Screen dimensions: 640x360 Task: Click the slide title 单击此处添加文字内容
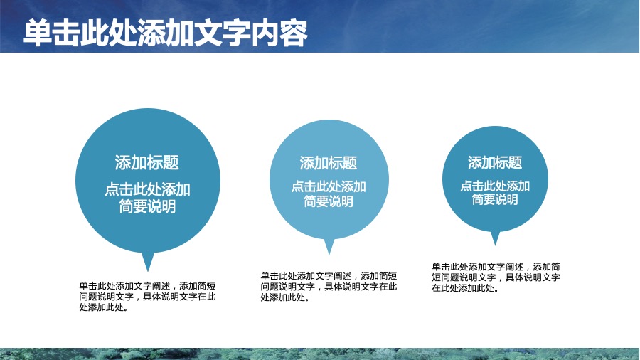pyautogui.click(x=165, y=33)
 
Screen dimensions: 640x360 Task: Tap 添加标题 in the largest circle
pyautogui.click(x=147, y=162)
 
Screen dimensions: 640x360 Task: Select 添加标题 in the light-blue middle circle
pyautogui.click(x=329, y=163)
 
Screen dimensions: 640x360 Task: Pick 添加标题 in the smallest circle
pyautogui.click(x=495, y=162)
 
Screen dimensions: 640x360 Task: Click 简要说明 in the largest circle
pyautogui.click(x=147, y=206)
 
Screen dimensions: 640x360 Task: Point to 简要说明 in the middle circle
pyautogui.click(x=329, y=201)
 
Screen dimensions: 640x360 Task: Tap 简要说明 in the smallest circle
pyautogui.click(x=495, y=200)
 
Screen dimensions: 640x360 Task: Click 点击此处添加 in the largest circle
pyautogui.click(x=147, y=189)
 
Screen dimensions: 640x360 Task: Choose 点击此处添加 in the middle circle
pyautogui.click(x=329, y=186)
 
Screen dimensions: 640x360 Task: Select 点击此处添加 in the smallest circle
pyautogui.click(x=495, y=186)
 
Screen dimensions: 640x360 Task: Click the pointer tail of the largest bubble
pyautogui.click(x=148, y=262)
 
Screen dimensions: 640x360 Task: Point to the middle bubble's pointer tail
pyautogui.click(x=329, y=247)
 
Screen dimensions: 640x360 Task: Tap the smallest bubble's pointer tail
pyautogui.click(x=495, y=238)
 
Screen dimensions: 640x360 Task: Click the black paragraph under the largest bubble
pyautogui.click(x=147, y=297)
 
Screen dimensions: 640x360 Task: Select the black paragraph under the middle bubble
pyautogui.click(x=329, y=287)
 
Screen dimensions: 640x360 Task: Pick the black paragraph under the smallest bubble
pyautogui.click(x=496, y=277)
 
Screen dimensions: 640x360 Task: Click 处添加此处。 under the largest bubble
pyautogui.click(x=104, y=308)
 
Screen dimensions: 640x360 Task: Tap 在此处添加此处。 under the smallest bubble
pyautogui.click(x=466, y=288)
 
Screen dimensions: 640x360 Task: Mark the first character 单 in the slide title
pyautogui.click(x=38, y=33)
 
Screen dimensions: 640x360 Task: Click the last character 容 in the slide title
pyautogui.click(x=294, y=33)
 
